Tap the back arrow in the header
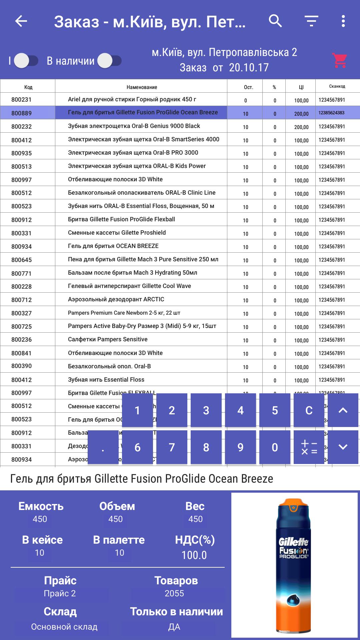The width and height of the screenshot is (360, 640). pyautogui.click(x=21, y=21)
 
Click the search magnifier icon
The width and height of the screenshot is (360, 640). pyautogui.click(x=275, y=21)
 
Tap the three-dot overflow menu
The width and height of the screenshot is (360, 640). pyautogui.click(x=343, y=21)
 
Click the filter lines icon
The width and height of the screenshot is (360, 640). pyautogui.click(x=311, y=21)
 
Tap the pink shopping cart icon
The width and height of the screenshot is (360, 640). pyautogui.click(x=339, y=60)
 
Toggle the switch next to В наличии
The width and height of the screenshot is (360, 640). pyautogui.click(x=110, y=61)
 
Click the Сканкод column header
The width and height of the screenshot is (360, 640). pyautogui.click(x=337, y=86)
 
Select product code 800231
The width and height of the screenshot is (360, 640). pyautogui.click(x=21, y=100)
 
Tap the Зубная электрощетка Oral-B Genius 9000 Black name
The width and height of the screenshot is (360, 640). pyautogui.click(x=134, y=126)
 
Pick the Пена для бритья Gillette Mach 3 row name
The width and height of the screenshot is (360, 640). pyautogui.click(x=143, y=259)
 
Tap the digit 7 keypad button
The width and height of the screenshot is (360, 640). pyautogui.click(x=172, y=447)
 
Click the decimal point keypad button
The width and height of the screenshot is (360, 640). pyautogui.click(x=103, y=447)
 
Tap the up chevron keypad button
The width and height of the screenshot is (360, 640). pyautogui.click(x=343, y=410)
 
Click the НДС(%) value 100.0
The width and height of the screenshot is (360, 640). pyautogui.click(x=194, y=555)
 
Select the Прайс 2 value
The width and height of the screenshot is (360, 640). pyautogui.click(x=60, y=593)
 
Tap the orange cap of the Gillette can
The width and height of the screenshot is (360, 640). pyautogui.click(x=294, y=505)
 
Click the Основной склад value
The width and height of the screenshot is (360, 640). pyautogui.click(x=64, y=627)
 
